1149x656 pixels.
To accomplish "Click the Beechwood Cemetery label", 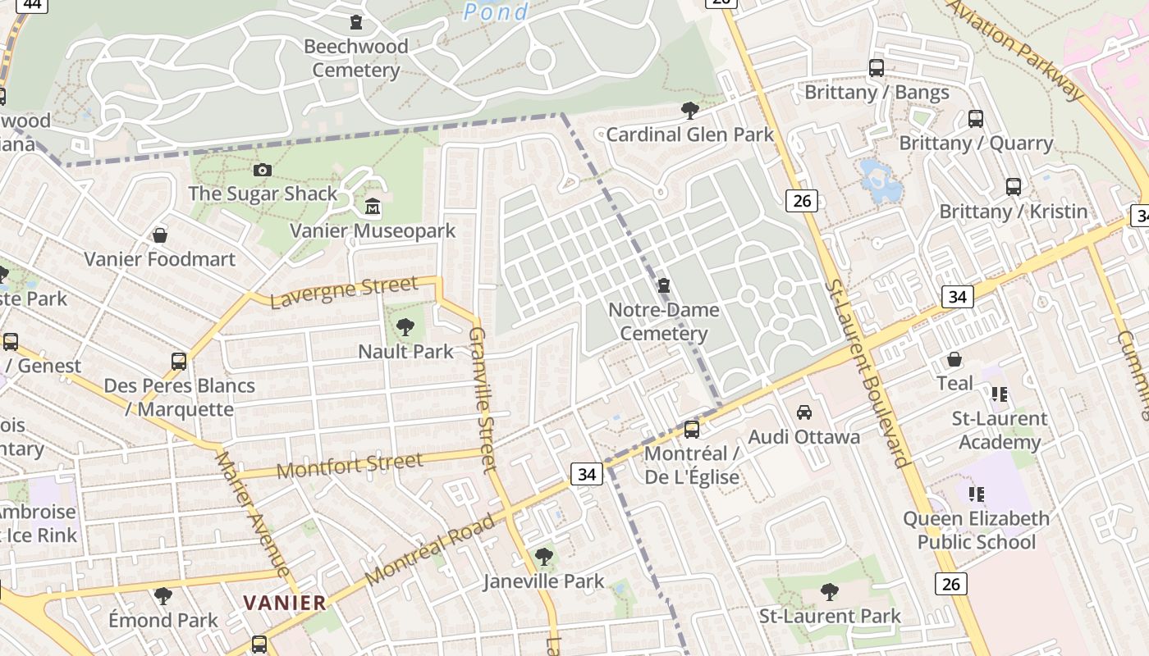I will coord(356,58).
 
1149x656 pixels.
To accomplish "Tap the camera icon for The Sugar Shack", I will coord(263,170).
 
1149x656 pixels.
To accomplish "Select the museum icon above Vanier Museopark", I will coord(373,206).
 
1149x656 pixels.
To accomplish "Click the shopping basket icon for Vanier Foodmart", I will coord(160,235).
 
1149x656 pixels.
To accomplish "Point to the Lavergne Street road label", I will coord(343,292).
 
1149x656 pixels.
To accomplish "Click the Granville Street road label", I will coord(483,400).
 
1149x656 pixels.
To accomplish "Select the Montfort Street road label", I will coord(350,465).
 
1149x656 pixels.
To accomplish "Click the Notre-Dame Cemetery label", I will coord(664,321).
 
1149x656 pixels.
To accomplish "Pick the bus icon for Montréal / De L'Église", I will coord(692,430).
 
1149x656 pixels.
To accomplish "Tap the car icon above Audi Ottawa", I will coord(804,412).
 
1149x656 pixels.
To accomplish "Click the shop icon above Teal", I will coord(954,359).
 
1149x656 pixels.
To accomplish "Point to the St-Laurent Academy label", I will coord(999,430).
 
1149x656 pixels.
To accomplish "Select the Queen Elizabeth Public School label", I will coord(976,530).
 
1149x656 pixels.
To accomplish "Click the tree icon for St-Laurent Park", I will coord(830,591).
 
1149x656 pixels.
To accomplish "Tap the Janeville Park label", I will coord(543,581).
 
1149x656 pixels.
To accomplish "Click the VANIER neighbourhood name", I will coord(285,603).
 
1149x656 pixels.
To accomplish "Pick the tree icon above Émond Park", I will coord(163,595).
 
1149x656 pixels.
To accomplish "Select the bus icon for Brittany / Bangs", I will coord(877,68).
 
